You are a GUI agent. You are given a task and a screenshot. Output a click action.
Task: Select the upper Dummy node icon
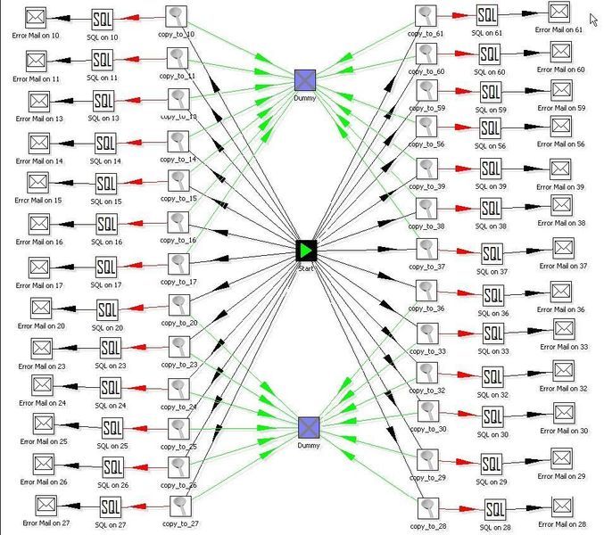pos(306,80)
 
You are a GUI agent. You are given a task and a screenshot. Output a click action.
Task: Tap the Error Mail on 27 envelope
pos(46,506)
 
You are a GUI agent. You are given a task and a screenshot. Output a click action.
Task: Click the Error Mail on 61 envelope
pos(558,13)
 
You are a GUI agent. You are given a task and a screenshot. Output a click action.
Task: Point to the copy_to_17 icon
pos(179,265)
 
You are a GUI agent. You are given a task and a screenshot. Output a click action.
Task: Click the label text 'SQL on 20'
pos(107,327)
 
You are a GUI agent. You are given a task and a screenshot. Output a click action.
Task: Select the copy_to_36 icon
pos(426,290)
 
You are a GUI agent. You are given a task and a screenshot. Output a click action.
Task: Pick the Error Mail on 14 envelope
pos(40,143)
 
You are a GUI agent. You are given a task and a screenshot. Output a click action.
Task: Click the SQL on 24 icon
pos(110,388)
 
